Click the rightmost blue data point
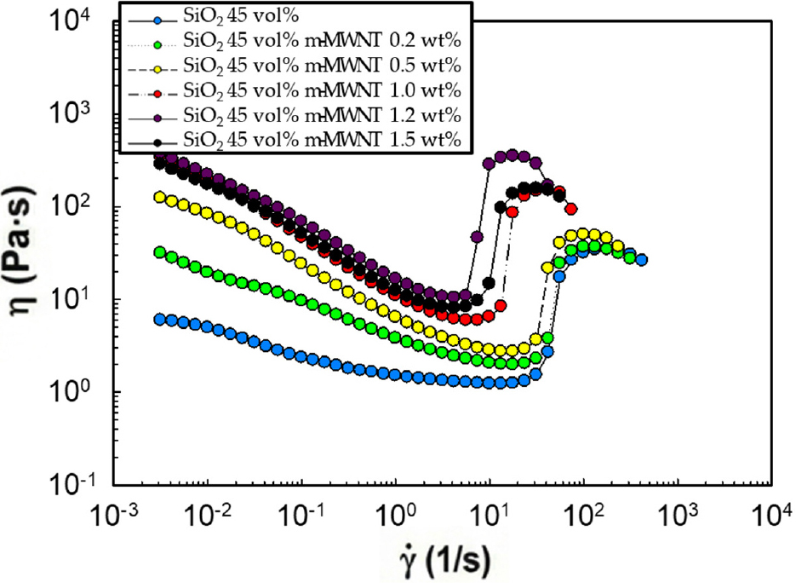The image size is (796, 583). tap(641, 260)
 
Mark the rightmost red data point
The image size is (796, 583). tap(571, 208)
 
